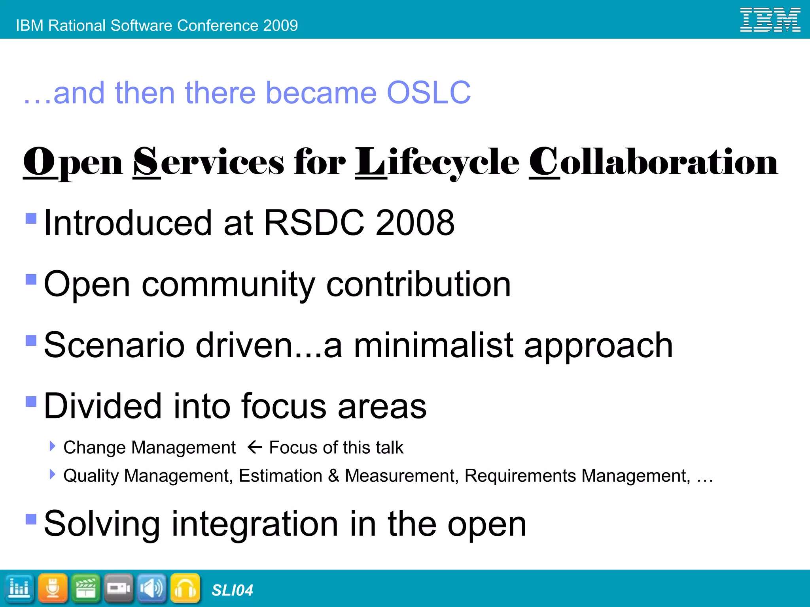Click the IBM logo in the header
770,20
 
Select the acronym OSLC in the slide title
428,93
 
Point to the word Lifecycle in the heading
437,162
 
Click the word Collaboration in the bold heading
653,162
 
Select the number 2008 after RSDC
415,223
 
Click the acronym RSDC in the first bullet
314,223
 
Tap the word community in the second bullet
229,285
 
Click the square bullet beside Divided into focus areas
31,402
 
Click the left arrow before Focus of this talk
255,447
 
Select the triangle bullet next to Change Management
52,447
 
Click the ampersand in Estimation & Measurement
334,475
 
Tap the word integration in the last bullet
255,524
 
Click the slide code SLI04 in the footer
232,590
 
